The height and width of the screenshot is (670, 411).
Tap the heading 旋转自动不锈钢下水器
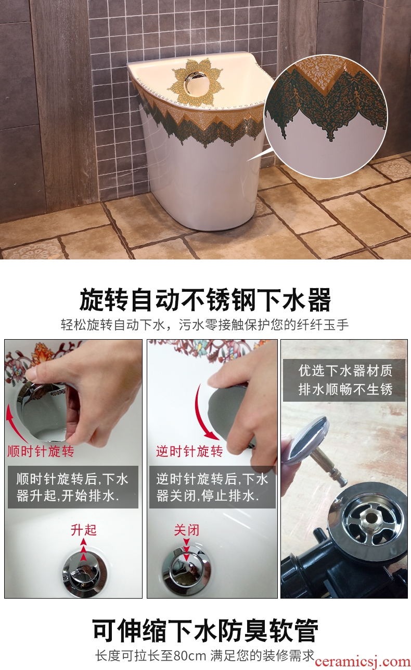(x=205, y=300)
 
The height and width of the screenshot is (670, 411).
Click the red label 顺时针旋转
(x=41, y=451)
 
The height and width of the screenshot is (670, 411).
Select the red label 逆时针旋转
(x=189, y=451)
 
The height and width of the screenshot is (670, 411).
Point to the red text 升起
(x=84, y=530)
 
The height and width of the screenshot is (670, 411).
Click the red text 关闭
(x=187, y=530)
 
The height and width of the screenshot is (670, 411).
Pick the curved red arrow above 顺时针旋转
(x=15, y=425)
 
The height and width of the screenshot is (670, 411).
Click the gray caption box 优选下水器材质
(x=344, y=380)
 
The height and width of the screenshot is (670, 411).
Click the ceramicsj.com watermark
(x=363, y=662)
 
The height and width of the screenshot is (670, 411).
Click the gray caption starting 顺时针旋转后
(x=73, y=487)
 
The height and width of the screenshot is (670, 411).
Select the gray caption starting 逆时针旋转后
(x=212, y=487)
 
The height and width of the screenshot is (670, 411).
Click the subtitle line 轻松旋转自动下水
(x=205, y=325)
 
